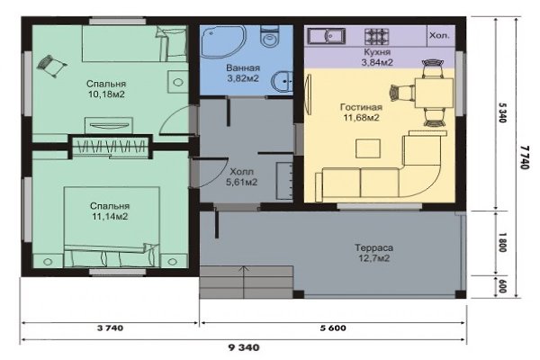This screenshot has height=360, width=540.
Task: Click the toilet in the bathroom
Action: pyautogui.click(x=269, y=37)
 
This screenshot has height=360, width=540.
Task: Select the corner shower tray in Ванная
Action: pyautogui.click(x=223, y=42)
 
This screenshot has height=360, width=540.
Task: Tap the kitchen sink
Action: pyautogui.click(x=326, y=36)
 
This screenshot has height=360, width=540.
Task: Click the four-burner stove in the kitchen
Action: pyautogui.click(x=377, y=37)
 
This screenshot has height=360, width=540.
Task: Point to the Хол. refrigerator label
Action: pyautogui.click(x=439, y=35)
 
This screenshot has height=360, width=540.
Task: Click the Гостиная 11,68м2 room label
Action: pyautogui.click(x=361, y=112)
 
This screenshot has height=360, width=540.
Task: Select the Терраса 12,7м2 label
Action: pyautogui.click(x=374, y=253)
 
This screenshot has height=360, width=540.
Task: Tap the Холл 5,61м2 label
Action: pyautogui.click(x=242, y=176)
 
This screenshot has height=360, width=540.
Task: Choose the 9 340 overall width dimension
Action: pyautogui.click(x=244, y=347)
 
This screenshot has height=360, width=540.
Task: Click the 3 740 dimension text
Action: pyautogui.click(x=110, y=328)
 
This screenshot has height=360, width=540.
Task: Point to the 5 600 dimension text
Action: pyautogui.click(x=333, y=328)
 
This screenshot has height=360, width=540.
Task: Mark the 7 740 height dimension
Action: pyautogui.click(x=524, y=157)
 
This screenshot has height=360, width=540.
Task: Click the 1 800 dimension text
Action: pyautogui.click(x=502, y=242)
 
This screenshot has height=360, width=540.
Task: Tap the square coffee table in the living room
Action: pyautogui.click(x=368, y=148)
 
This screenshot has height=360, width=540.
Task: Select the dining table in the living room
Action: pyautogui.click(x=434, y=93)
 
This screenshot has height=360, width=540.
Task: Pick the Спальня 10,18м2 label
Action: pyautogui.click(x=106, y=89)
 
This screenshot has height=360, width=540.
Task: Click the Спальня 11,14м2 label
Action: pyautogui.click(x=110, y=211)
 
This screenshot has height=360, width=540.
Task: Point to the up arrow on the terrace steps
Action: pyautogui.click(x=244, y=282)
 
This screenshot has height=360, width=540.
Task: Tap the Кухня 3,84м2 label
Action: pyautogui.click(x=377, y=58)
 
